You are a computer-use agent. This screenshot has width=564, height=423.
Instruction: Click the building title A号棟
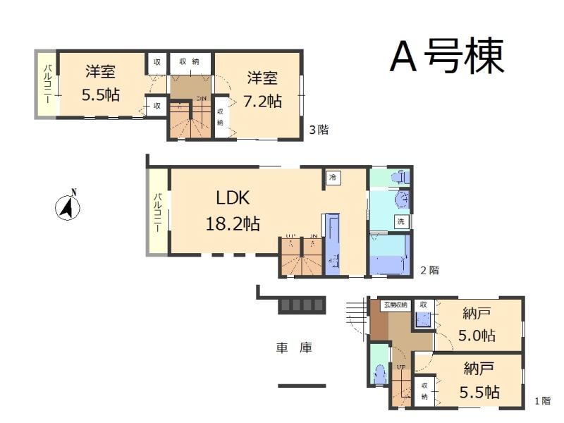coord(447,56)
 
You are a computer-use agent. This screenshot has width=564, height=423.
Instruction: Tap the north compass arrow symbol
coord(68,207)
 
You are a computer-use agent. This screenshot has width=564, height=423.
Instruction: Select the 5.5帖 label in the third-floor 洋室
coord(101,95)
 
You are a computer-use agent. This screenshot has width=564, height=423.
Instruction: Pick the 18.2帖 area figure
coord(233,224)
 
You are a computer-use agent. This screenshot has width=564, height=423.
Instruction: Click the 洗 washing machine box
coord(400,221)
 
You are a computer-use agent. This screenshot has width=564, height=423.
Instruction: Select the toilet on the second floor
coord(399,177)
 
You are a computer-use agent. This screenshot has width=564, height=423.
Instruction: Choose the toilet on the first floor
coord(379,373)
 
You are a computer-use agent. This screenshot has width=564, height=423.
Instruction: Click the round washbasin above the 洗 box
coord(401,201)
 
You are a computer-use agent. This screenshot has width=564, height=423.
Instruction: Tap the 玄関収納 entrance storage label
coord(396,305)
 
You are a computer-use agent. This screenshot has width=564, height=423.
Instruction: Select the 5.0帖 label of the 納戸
coord(479,335)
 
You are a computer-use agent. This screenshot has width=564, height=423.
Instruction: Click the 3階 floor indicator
coord(319,130)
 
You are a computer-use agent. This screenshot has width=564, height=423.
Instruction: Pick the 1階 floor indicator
coord(541,401)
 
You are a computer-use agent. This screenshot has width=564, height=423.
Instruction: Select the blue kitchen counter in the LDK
coord(332,243)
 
